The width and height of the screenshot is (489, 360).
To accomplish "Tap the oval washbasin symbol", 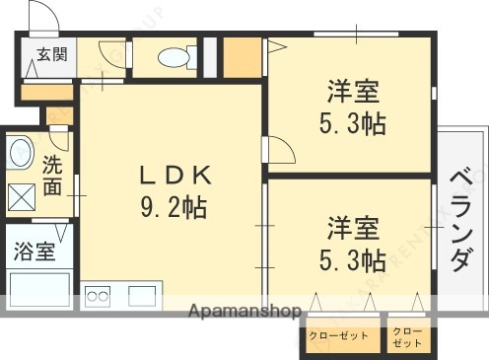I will [x=21, y=153].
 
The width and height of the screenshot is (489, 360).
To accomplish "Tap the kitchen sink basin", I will [x=140, y=295].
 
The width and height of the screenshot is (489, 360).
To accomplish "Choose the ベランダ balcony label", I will [x=459, y=220].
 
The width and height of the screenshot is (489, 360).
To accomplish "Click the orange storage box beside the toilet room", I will [x=241, y=57].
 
